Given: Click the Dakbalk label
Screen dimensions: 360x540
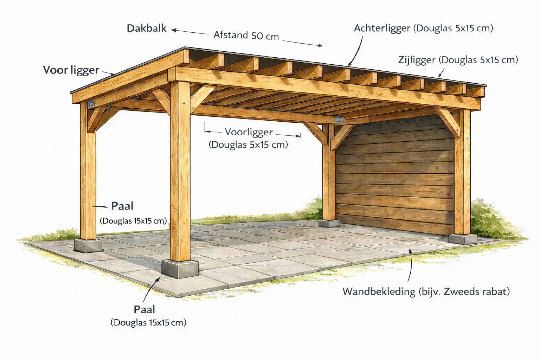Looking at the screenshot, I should [147, 28].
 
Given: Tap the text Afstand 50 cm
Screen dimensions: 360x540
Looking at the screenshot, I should [246, 35].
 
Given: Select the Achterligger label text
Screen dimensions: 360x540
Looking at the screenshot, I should [382, 28].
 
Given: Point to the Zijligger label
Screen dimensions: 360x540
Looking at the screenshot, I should [417, 60].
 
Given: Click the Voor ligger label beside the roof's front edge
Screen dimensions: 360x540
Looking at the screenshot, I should [71, 70].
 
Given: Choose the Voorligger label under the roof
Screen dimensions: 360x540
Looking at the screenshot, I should [249, 132].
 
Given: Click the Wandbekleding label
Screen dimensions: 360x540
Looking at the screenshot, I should [379, 291].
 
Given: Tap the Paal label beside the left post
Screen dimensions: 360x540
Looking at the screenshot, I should [122, 206].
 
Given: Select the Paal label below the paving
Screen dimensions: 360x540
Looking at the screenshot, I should [144, 309].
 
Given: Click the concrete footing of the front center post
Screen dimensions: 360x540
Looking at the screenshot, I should [180, 269].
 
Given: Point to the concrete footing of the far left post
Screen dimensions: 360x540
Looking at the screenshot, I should [88, 245].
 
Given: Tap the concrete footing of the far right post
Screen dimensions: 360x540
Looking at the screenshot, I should [463, 238].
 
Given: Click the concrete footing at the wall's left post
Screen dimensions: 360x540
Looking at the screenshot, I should [329, 223].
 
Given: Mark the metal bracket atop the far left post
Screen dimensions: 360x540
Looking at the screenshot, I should [91, 103].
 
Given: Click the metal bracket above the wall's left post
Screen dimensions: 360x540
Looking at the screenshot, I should [339, 120].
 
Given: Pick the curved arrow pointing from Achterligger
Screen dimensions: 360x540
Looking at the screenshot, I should [357, 49].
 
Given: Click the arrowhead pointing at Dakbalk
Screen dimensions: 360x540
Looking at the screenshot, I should [174, 30].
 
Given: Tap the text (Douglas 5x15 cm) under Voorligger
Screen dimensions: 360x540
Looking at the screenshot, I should [248, 144].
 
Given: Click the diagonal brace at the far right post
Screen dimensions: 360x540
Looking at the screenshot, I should [447, 121].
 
